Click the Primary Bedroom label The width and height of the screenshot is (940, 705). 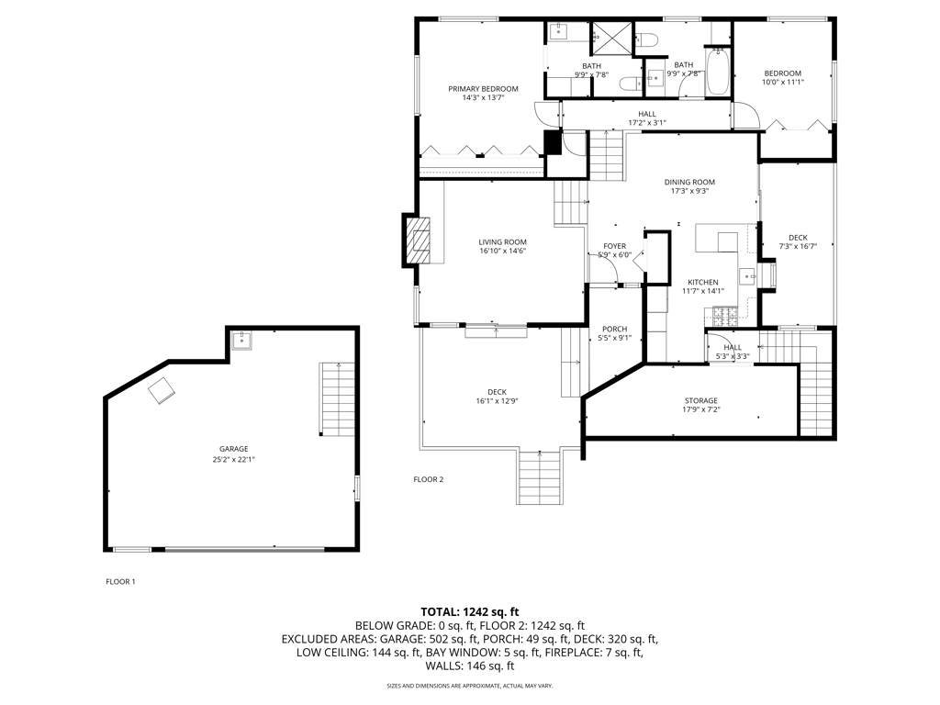483,89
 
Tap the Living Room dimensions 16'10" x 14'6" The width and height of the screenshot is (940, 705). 502,252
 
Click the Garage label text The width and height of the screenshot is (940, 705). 233,449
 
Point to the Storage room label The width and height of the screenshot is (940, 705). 700,400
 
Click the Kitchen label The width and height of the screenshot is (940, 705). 703,282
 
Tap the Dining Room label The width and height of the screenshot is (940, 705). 689,183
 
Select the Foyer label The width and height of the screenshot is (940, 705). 614,246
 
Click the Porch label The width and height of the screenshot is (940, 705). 614,329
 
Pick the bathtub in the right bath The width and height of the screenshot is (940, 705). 717,73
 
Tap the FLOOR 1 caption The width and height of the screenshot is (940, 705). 120,581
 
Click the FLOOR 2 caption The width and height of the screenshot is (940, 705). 429,479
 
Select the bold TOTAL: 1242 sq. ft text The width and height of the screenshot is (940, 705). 469,612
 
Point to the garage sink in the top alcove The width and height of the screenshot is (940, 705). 241,341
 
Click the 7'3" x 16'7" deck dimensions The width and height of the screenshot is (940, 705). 798,246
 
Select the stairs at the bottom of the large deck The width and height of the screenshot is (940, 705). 540,476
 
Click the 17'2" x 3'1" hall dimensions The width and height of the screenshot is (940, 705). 647,123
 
